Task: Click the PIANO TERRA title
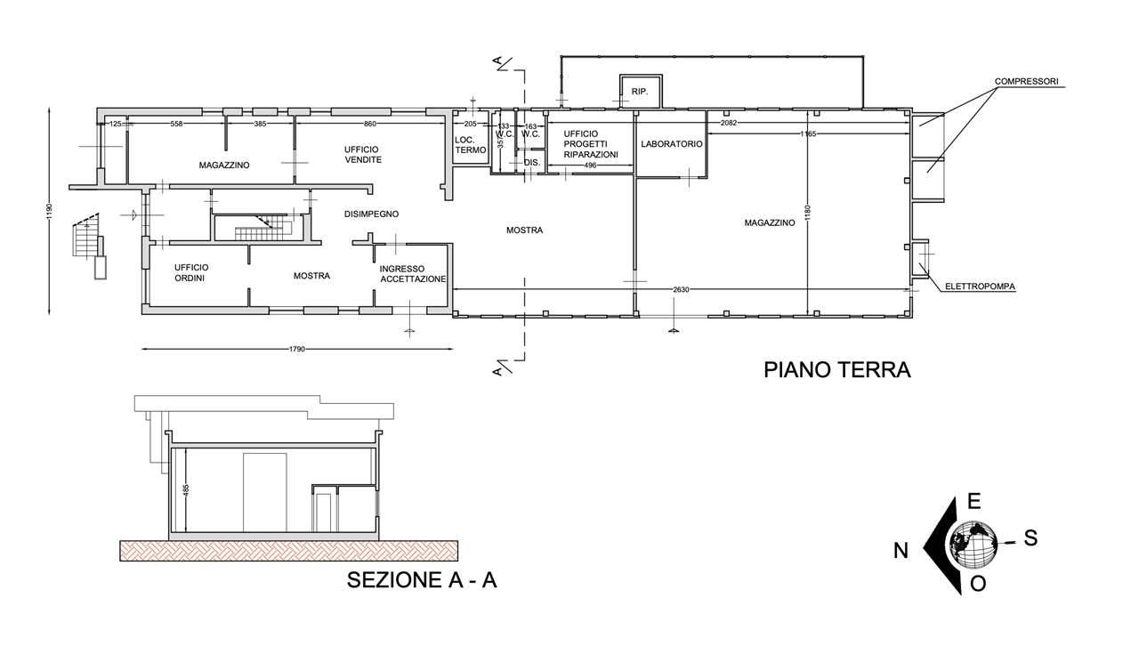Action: click(x=837, y=370)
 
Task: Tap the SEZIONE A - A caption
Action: click(x=422, y=580)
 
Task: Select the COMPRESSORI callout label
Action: click(x=1027, y=81)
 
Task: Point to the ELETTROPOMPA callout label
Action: click(x=980, y=287)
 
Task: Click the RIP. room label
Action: click(x=640, y=92)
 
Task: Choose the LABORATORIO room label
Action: click(x=671, y=144)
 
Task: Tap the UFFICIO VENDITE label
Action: click(x=362, y=154)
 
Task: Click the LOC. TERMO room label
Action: click(x=471, y=145)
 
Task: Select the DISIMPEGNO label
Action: click(x=371, y=214)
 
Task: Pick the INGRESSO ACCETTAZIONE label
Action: click(x=413, y=274)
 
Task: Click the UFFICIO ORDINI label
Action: click(x=190, y=272)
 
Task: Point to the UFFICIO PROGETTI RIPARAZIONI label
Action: click(x=591, y=144)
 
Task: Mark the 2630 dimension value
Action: click(x=681, y=289)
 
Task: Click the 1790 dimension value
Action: click(x=297, y=349)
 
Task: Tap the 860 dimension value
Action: click(x=369, y=124)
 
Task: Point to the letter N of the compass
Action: click(x=901, y=551)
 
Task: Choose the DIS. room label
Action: click(x=532, y=163)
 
